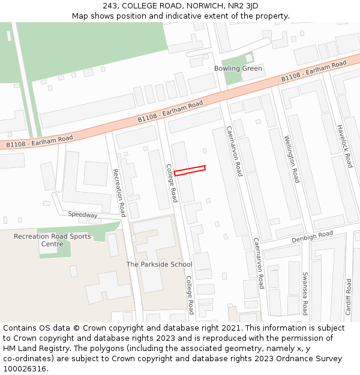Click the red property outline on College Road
pos(190,170)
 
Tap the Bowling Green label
pos(238,68)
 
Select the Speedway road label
pos(82,214)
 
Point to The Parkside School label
pos(159,264)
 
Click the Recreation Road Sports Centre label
pos(53,240)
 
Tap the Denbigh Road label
pos(312,236)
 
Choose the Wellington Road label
pos(292,159)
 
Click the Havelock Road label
pos(345,146)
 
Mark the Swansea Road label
pos(305,293)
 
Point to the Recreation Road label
pos(119,192)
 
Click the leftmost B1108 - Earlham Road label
pos(40,142)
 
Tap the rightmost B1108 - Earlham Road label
pos(314,71)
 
